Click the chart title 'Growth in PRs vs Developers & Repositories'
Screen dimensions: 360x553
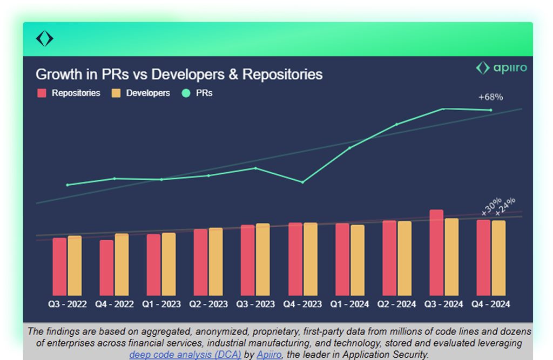(179, 74)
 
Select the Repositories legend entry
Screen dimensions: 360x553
(69, 93)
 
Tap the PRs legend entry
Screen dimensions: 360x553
(198, 93)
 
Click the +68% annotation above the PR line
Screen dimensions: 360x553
(490, 97)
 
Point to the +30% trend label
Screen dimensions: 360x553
(491, 206)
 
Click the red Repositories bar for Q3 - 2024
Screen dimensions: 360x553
(436, 252)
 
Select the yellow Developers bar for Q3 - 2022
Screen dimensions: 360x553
(75, 265)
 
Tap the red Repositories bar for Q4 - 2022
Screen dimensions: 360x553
(107, 267)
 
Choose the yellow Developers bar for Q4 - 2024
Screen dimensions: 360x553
(498, 257)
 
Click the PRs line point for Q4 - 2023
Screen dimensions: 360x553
(302, 182)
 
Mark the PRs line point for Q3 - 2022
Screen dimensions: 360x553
(68, 185)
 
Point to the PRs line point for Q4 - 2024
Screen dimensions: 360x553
(490, 110)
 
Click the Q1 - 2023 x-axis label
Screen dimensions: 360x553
(161, 304)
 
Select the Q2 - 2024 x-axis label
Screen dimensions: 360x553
(396, 304)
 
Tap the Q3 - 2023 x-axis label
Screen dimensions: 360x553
(255, 304)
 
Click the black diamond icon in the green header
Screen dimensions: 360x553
(44, 39)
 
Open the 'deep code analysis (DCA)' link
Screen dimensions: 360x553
(185, 355)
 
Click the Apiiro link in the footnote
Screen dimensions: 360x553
(269, 355)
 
